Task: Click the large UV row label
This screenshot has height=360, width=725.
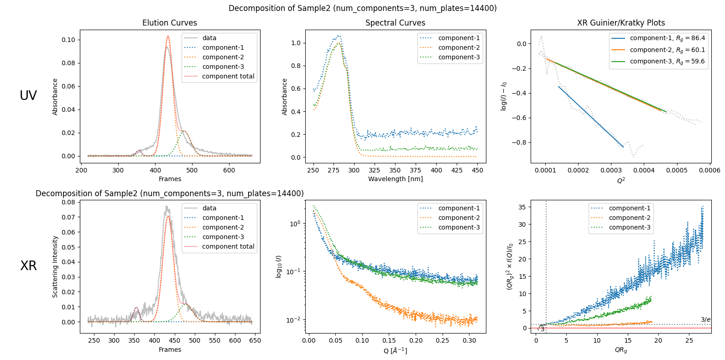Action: [28, 95]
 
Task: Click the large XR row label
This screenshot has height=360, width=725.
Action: [28, 266]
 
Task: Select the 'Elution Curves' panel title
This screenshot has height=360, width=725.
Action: [170, 23]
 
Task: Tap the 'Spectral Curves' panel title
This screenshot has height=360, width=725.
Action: [395, 23]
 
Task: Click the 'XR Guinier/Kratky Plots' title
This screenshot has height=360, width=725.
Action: [621, 23]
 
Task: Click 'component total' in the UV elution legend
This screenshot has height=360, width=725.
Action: [228, 76]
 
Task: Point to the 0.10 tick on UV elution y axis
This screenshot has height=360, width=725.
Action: [68, 40]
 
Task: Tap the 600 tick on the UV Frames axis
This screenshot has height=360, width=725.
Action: [229, 170]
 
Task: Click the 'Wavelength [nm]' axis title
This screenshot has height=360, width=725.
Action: [395, 179]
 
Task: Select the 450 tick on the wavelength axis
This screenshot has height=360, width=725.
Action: [478, 170]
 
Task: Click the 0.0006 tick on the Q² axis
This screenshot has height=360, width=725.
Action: [709, 170]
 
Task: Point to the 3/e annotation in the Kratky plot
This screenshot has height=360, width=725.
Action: [705, 319]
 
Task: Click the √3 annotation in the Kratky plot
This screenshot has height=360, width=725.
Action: [541, 329]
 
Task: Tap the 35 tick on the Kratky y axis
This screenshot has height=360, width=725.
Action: [522, 207]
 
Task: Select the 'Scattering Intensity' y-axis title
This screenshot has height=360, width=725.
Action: [55, 266]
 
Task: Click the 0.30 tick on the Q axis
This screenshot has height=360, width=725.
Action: [469, 340]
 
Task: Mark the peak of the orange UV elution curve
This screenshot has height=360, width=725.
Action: [168, 36]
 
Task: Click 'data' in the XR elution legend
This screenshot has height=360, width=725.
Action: [209, 208]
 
